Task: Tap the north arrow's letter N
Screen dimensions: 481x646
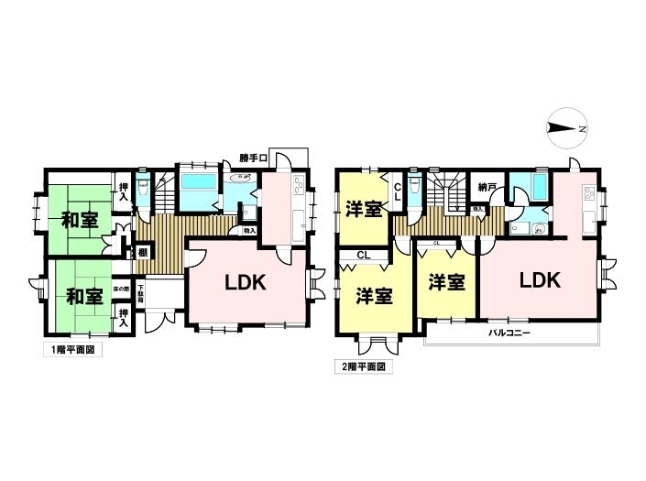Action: pyautogui.click(x=582, y=129)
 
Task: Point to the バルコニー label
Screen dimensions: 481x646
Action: pyautogui.click(x=509, y=333)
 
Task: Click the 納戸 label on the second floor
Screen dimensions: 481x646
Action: pyautogui.click(x=486, y=187)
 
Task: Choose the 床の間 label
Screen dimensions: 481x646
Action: pyautogui.click(x=120, y=289)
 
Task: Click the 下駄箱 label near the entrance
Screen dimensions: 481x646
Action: pyautogui.click(x=141, y=293)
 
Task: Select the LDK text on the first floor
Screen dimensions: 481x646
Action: pyautogui.click(x=246, y=283)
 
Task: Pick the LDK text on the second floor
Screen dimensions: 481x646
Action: pyautogui.click(x=540, y=279)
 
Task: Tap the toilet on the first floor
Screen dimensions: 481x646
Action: pyautogui.click(x=143, y=191)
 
